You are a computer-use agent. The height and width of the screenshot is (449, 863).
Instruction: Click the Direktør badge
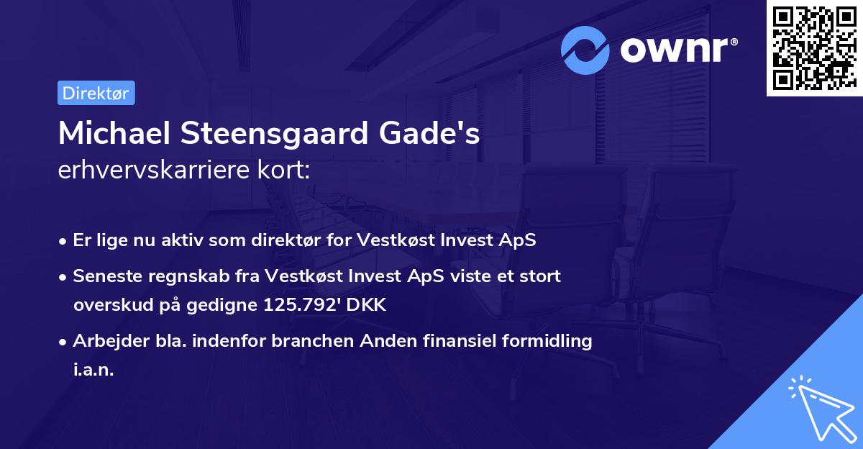coord(96,94)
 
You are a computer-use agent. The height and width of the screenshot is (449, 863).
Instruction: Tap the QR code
coord(814,48)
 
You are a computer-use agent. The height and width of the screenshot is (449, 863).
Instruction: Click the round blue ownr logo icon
coord(585,50)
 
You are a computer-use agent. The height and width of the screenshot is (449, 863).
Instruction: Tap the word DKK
coord(366,305)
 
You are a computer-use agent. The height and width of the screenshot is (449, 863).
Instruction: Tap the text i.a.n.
coord(93,370)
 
